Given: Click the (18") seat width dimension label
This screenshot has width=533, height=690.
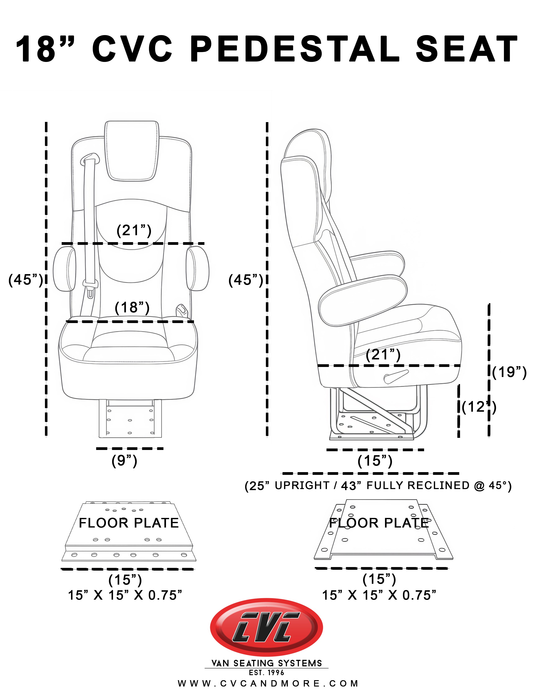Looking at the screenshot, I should (132, 307).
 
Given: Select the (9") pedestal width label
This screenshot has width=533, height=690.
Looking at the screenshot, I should (124, 461).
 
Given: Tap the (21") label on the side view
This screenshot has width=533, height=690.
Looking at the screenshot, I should (383, 354).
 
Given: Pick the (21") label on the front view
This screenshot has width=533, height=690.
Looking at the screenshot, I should (134, 230).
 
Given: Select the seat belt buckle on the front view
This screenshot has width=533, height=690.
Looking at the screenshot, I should (90, 289).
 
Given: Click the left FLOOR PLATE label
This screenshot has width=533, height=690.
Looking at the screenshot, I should (129, 523).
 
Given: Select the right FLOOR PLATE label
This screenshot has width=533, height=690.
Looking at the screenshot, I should (379, 523).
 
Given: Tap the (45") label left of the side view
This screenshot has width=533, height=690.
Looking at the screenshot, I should (245, 280).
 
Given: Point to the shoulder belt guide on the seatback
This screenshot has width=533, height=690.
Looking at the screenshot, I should (90, 158).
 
